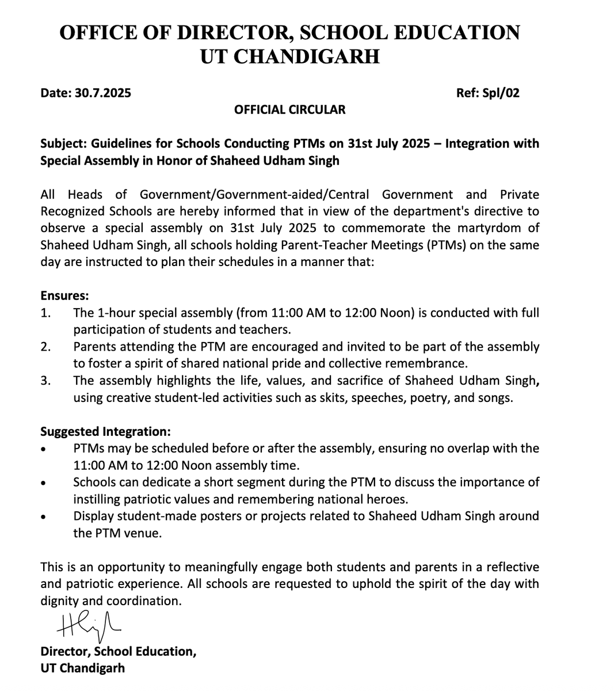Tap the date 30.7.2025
click(102, 93)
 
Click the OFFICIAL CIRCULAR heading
click(289, 109)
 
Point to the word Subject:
click(63, 143)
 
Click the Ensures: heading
click(64, 296)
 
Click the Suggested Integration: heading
click(105, 431)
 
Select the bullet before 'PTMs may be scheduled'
click(44, 449)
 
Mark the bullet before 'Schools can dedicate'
click(44, 483)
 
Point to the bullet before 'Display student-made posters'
click(44, 517)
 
